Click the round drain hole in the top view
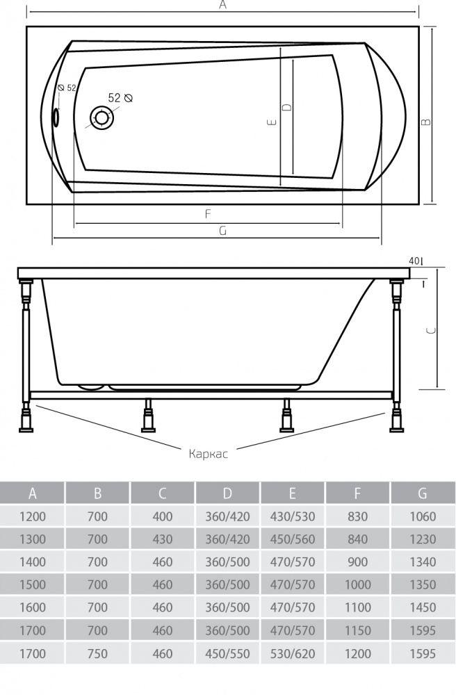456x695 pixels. pos(102,117)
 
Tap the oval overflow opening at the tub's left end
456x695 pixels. pos(56,118)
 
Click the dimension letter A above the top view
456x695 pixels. pos(222,5)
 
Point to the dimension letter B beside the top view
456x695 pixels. pos(426,121)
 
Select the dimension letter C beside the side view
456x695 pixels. pos(431,332)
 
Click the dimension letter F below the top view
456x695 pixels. pos(208,214)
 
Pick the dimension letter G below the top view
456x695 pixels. pos(222,231)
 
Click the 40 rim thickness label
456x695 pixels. pos(415,261)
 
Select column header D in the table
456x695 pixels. pos(228,493)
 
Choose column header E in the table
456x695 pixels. pos(293,493)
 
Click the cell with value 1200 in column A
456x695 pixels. pos(33,516)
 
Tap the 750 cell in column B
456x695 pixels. pos(98,654)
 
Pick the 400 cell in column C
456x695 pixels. pos(163,516)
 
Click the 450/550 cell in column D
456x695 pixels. pos(228,654)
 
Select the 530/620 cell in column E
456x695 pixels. pos(293,654)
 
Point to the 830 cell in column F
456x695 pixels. pos(357,516)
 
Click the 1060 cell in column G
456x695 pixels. pos(423,516)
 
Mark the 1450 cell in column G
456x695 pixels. pos(423,607)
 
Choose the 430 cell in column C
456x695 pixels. pos(163,539)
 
